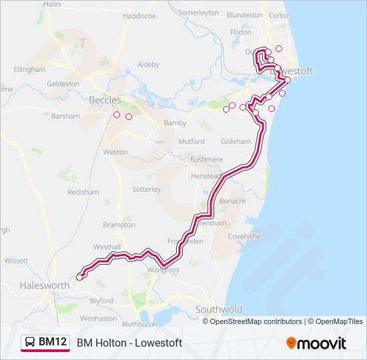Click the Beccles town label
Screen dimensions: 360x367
coord(105,100)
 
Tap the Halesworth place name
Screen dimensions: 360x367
coord(45,285)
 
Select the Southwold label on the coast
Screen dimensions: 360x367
coord(219,310)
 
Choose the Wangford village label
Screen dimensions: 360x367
coord(163,270)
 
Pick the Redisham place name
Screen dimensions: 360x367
coord(83,192)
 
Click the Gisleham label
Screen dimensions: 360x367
coord(236,142)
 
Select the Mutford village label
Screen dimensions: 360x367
coord(191,142)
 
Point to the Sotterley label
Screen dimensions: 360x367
coord(146,189)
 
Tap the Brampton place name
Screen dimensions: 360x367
coord(119,225)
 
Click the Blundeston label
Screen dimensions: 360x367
coord(245,15)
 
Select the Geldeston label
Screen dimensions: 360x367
coord(63,84)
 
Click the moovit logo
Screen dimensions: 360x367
coord(316,343)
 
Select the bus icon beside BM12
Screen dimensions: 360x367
coord(29,342)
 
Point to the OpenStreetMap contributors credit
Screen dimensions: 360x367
coord(252,321)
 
